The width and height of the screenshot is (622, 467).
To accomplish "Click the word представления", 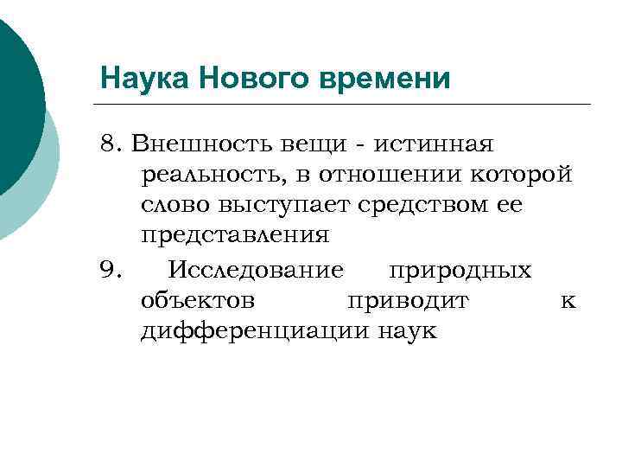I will pyautogui.click(x=235, y=236).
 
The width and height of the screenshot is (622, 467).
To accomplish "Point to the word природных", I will pyautogui.click(x=460, y=271).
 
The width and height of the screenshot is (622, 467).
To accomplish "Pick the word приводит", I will pyautogui.click(x=407, y=302).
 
